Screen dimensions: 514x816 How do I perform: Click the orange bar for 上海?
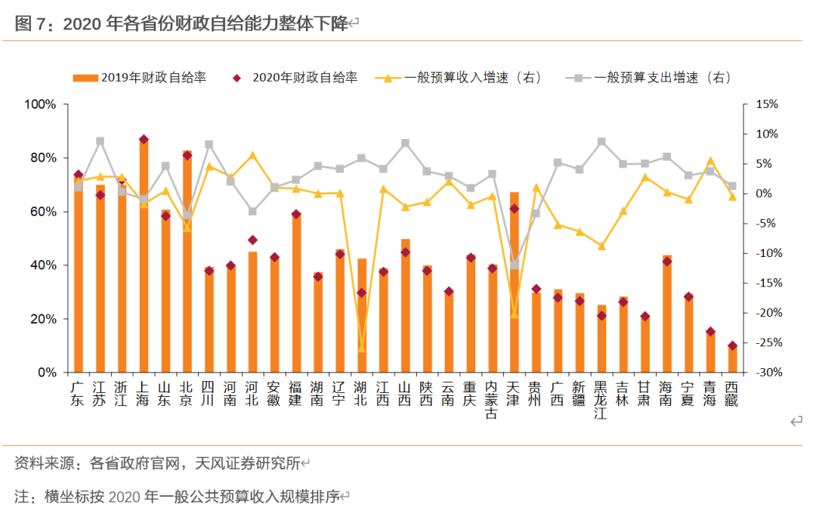click(x=144, y=257)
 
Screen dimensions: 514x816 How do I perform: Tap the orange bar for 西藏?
click(x=732, y=360)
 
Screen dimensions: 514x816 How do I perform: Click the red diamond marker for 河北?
click(x=253, y=240)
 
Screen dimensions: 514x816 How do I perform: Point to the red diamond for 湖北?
click(x=361, y=293)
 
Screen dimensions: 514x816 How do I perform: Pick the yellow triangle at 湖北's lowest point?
click(x=361, y=348)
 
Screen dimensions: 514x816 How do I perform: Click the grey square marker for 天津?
click(x=515, y=265)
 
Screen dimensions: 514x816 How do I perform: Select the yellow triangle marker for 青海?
click(x=710, y=160)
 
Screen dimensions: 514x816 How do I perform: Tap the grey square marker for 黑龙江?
click(x=601, y=141)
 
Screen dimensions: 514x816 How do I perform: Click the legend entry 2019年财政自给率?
click(x=140, y=77)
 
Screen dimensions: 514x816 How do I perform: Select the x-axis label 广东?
click(x=78, y=394)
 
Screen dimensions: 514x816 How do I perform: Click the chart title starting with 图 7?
click(x=181, y=24)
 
